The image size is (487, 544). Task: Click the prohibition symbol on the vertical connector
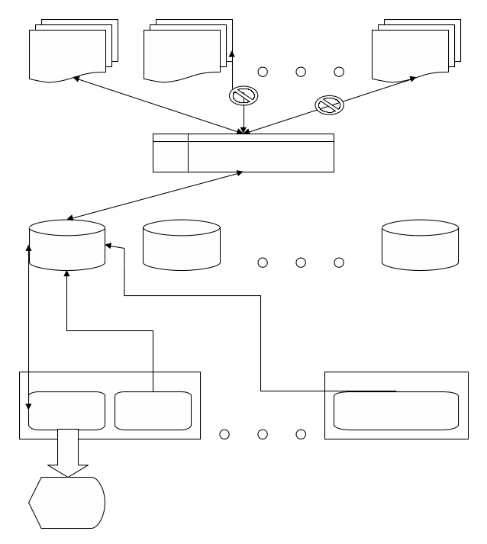click(243, 95)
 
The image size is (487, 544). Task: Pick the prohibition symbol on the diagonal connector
click(330, 105)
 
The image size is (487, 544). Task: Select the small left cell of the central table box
click(170, 153)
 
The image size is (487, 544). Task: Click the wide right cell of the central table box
click(261, 153)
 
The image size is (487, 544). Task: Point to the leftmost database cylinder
click(67, 245)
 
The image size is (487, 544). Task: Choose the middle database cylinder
click(182, 245)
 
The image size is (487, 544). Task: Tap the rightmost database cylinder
click(421, 245)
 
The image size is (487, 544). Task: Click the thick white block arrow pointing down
click(67, 453)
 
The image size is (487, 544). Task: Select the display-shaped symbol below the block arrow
click(67, 502)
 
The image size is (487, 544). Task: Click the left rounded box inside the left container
click(67, 410)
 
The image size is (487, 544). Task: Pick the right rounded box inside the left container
click(153, 410)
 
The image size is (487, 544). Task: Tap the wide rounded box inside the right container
click(396, 410)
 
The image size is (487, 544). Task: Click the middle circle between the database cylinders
click(301, 262)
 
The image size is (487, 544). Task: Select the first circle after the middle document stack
click(263, 72)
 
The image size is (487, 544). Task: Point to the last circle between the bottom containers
click(301, 434)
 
